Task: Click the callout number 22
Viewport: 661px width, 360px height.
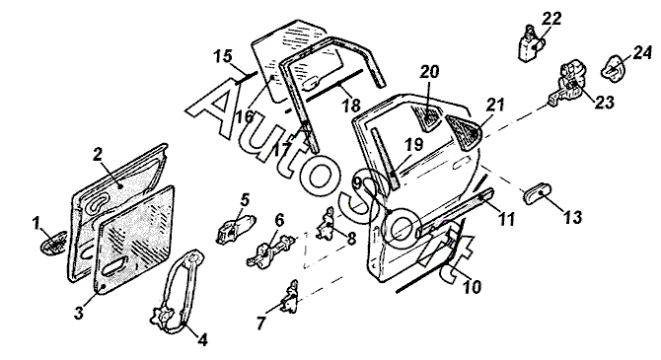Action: [551, 19]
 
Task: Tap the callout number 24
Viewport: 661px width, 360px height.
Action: [641, 53]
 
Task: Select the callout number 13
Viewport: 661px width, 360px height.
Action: [573, 217]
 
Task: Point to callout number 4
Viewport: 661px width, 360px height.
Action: [203, 339]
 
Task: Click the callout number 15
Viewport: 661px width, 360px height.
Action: [223, 56]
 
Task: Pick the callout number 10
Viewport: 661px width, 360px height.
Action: [472, 287]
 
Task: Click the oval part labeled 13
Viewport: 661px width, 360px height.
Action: [536, 193]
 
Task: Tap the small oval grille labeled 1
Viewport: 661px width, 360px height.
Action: [53, 243]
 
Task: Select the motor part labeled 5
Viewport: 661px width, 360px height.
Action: [235, 229]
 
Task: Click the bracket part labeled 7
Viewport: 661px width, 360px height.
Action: [290, 298]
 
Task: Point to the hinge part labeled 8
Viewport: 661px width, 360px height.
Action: [327, 224]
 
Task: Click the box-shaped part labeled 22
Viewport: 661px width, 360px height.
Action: [531, 43]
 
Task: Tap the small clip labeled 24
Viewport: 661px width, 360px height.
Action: [614, 67]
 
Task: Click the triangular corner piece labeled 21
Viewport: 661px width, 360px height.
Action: [465, 131]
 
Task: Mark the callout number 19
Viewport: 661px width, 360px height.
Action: [414, 144]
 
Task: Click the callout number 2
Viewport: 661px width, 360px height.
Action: [98, 154]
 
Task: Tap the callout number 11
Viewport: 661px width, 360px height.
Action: [506, 219]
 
